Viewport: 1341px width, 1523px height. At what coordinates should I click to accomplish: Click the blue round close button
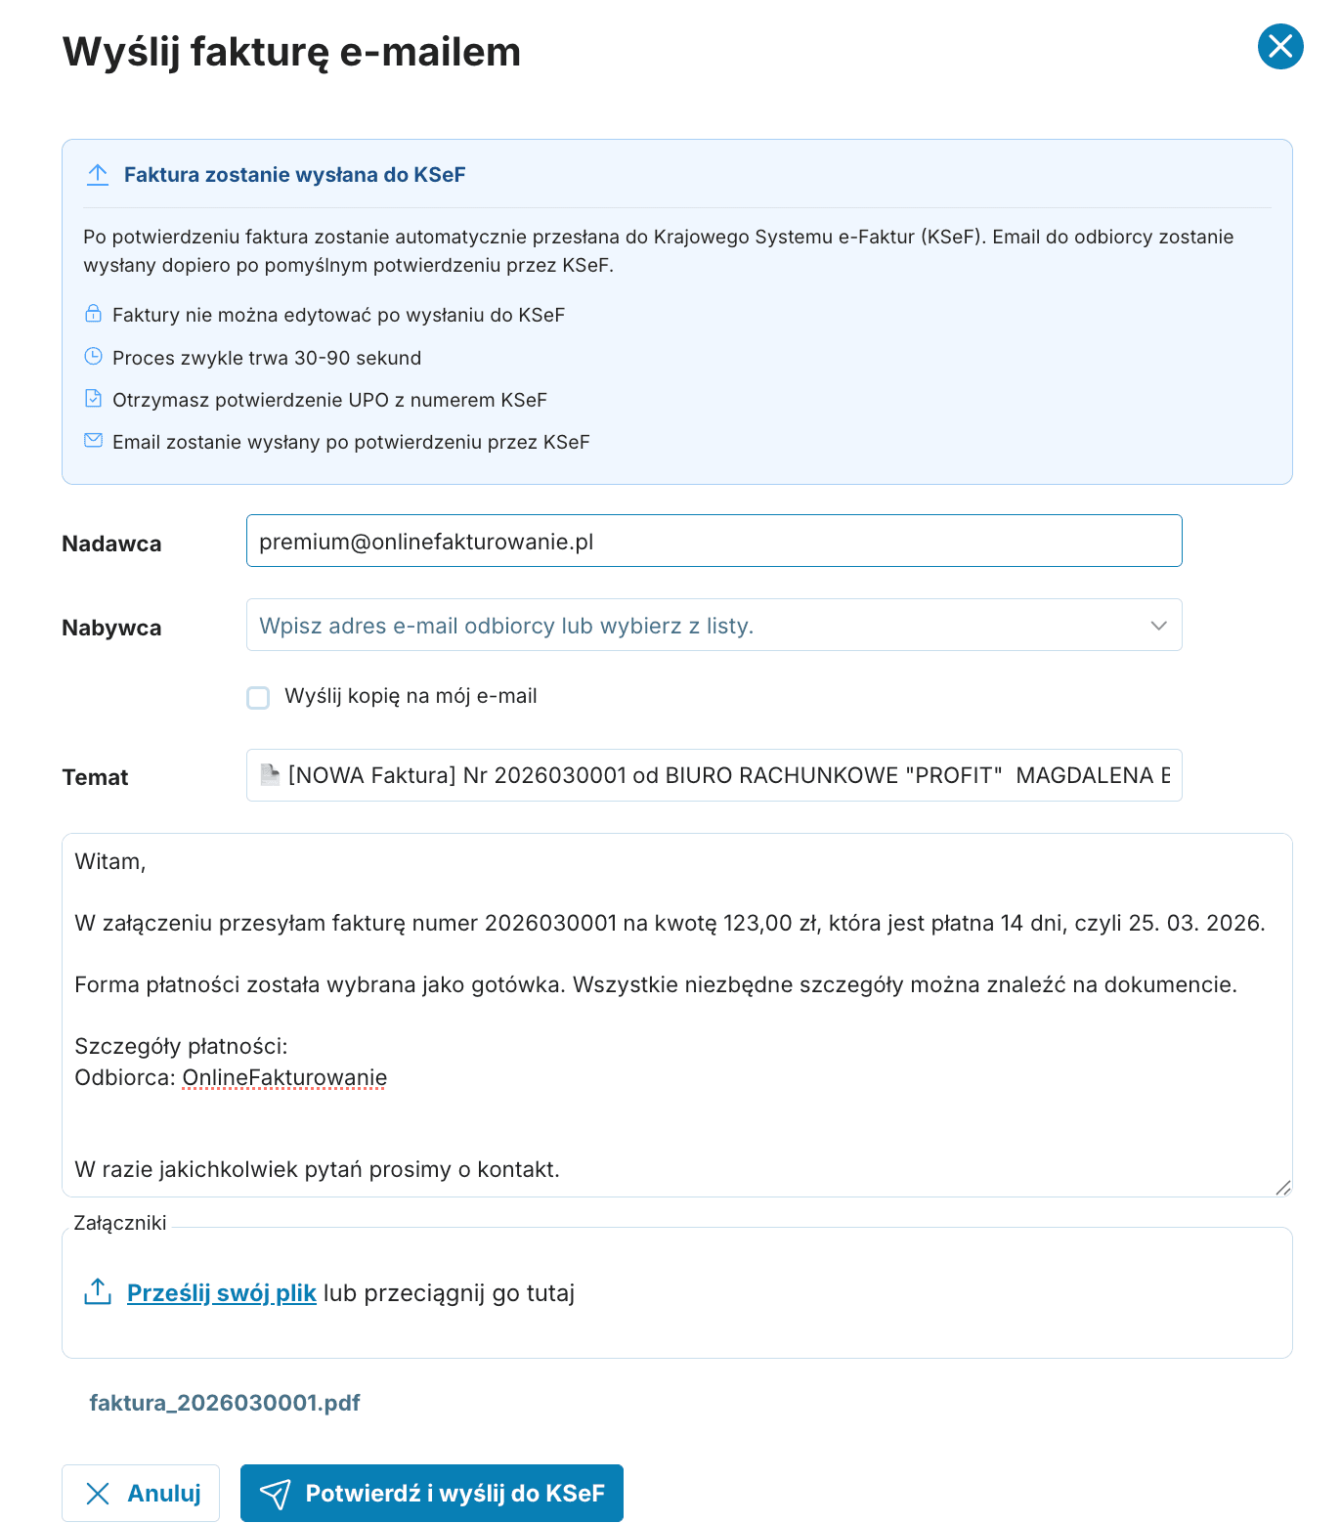[1279, 47]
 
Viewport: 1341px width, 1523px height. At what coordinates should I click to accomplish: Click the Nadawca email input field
[714, 542]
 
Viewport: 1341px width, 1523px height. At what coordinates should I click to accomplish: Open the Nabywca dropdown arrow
[1158, 626]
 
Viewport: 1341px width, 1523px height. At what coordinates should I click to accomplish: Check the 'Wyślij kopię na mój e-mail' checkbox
[258, 698]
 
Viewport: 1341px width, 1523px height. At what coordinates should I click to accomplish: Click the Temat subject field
[714, 776]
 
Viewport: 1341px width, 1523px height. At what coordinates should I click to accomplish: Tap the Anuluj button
[141, 1493]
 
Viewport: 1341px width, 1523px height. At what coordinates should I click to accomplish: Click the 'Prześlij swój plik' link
[221, 1293]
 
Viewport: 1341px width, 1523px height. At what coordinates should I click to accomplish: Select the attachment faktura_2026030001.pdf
[225, 1403]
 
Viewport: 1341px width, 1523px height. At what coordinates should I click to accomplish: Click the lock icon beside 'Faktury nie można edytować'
[93, 314]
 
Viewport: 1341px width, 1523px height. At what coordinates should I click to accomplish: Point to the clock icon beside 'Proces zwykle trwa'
[93, 357]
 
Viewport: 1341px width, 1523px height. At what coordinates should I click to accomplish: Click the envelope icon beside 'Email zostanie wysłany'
[93, 441]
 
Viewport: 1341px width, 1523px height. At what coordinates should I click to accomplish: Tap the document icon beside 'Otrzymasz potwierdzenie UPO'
[93, 399]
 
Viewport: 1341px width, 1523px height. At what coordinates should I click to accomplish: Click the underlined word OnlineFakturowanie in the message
[284, 1078]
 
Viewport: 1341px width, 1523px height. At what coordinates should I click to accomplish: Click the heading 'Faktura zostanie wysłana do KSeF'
[294, 175]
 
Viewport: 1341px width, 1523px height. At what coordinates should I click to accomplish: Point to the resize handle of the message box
[1282, 1188]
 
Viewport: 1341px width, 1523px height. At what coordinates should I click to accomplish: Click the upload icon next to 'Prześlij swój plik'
[98, 1292]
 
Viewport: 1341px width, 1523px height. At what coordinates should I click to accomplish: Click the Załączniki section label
[120, 1223]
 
